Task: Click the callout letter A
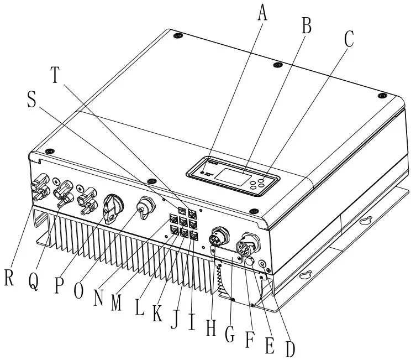(x=262, y=13)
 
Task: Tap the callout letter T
(x=55, y=75)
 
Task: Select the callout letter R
(x=9, y=277)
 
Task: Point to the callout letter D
(x=290, y=348)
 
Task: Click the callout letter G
(x=230, y=333)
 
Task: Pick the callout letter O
(x=78, y=291)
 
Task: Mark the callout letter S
(x=31, y=100)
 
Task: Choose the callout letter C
(x=349, y=39)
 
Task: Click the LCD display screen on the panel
(x=233, y=177)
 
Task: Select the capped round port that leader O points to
(x=145, y=207)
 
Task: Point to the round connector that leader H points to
(x=220, y=236)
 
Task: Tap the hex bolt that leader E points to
(x=250, y=262)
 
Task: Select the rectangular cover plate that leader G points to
(x=226, y=254)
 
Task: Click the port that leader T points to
(x=193, y=213)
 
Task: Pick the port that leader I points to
(x=194, y=236)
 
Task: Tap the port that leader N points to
(x=174, y=218)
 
